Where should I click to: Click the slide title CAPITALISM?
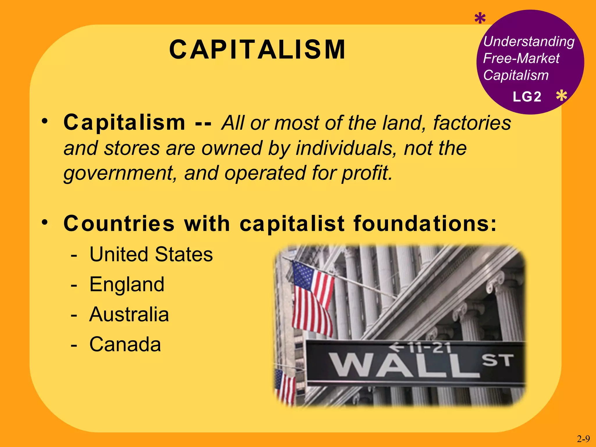pos(257,50)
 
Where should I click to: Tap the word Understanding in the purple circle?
pos(529,42)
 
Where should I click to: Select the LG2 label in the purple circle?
pos(527,97)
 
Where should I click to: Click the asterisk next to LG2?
pos(561,96)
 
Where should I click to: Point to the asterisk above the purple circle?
pos(480,19)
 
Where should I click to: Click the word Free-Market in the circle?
pos(521,58)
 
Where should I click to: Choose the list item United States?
pos(151,254)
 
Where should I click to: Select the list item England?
pos(127,284)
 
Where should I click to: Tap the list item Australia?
pos(129,314)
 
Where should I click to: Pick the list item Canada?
pos(125,344)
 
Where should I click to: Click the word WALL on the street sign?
pos(405,365)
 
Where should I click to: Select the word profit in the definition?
pos(367,173)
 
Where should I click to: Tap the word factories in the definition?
pos(472,123)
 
